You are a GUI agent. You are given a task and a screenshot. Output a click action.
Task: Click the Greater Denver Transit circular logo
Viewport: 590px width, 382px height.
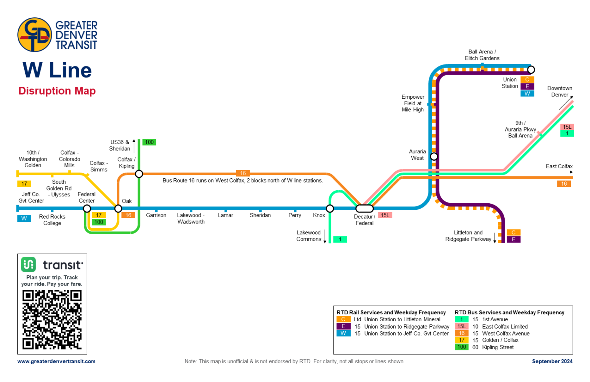tap(35, 35)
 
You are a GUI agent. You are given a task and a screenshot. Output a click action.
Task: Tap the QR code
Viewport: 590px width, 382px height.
tap(52, 320)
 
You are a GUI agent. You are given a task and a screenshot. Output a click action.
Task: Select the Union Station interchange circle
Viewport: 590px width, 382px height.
tap(531, 70)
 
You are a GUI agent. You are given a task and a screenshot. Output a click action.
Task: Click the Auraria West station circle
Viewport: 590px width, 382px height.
tap(434, 156)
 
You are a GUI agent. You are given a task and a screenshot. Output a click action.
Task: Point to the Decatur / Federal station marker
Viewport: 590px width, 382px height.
tap(364, 209)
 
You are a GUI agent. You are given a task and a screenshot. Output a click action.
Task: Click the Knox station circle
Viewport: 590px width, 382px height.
tap(330, 209)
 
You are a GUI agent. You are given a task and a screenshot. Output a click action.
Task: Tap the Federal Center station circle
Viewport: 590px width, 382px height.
tap(87, 209)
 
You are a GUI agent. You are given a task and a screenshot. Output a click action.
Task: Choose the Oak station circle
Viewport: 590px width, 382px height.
tap(118, 209)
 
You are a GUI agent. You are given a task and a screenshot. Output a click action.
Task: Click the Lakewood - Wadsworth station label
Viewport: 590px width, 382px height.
tap(191, 218)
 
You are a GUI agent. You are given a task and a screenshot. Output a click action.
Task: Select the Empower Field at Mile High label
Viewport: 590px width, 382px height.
tap(413, 103)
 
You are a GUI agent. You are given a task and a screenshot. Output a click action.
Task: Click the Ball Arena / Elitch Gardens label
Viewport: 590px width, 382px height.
tap(482, 55)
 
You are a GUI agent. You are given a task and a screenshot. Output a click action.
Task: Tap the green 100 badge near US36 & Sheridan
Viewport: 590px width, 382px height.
tap(149, 142)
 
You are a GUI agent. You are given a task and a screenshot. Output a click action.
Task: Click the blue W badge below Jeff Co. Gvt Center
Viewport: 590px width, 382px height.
tap(24, 218)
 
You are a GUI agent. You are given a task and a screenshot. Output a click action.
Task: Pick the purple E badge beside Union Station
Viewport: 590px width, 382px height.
tap(527, 86)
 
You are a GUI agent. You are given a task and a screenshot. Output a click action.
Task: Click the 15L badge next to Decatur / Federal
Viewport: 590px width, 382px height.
tap(385, 215)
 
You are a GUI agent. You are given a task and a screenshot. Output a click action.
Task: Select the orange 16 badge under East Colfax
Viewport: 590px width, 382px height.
tap(563, 184)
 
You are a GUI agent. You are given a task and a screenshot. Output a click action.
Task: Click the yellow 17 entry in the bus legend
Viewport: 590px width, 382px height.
tap(462, 340)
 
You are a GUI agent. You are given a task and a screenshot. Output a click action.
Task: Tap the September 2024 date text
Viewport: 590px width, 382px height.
tap(552, 361)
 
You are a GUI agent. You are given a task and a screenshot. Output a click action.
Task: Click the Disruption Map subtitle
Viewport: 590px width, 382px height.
tap(57, 91)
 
